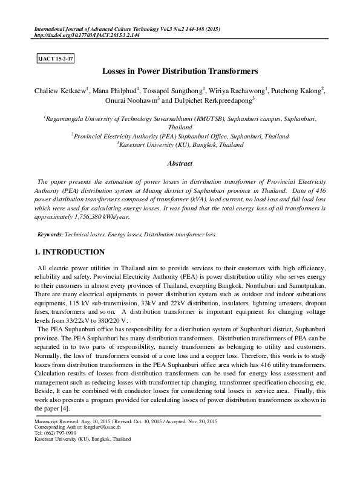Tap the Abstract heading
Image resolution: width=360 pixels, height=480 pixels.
click(x=180, y=163)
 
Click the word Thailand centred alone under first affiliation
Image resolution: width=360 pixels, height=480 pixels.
click(x=180, y=128)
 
